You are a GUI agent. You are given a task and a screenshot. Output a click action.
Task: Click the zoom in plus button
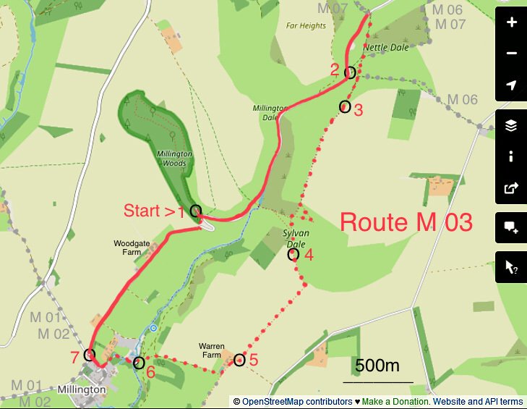pos(512,22)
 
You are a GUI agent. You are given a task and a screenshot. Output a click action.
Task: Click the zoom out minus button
pos(512,54)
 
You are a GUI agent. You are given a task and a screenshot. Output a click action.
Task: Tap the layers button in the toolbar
pos(512,125)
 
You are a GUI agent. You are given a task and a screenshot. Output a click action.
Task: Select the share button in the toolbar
pos(512,189)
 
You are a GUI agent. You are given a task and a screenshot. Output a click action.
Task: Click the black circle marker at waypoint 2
pos(350,72)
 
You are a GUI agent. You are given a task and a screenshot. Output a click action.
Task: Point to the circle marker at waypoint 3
pos(345,106)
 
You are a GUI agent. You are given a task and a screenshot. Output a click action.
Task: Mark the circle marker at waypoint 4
pos(294,254)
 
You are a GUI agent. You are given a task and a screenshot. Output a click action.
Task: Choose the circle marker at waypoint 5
pos(239,359)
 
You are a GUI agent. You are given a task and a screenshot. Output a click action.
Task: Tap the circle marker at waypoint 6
pos(139,363)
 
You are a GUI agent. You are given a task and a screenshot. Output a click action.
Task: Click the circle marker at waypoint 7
pos(90,355)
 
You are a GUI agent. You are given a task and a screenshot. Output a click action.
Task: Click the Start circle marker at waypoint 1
pos(195,211)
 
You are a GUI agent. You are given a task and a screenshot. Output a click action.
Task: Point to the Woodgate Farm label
pos(130,248)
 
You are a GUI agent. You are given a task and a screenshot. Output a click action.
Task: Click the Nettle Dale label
pos(385,48)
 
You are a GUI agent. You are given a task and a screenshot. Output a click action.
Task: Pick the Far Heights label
pos(306,25)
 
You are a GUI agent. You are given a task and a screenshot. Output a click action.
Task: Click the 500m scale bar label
pos(377,366)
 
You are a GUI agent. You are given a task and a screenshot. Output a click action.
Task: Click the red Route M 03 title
pos(406,222)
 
